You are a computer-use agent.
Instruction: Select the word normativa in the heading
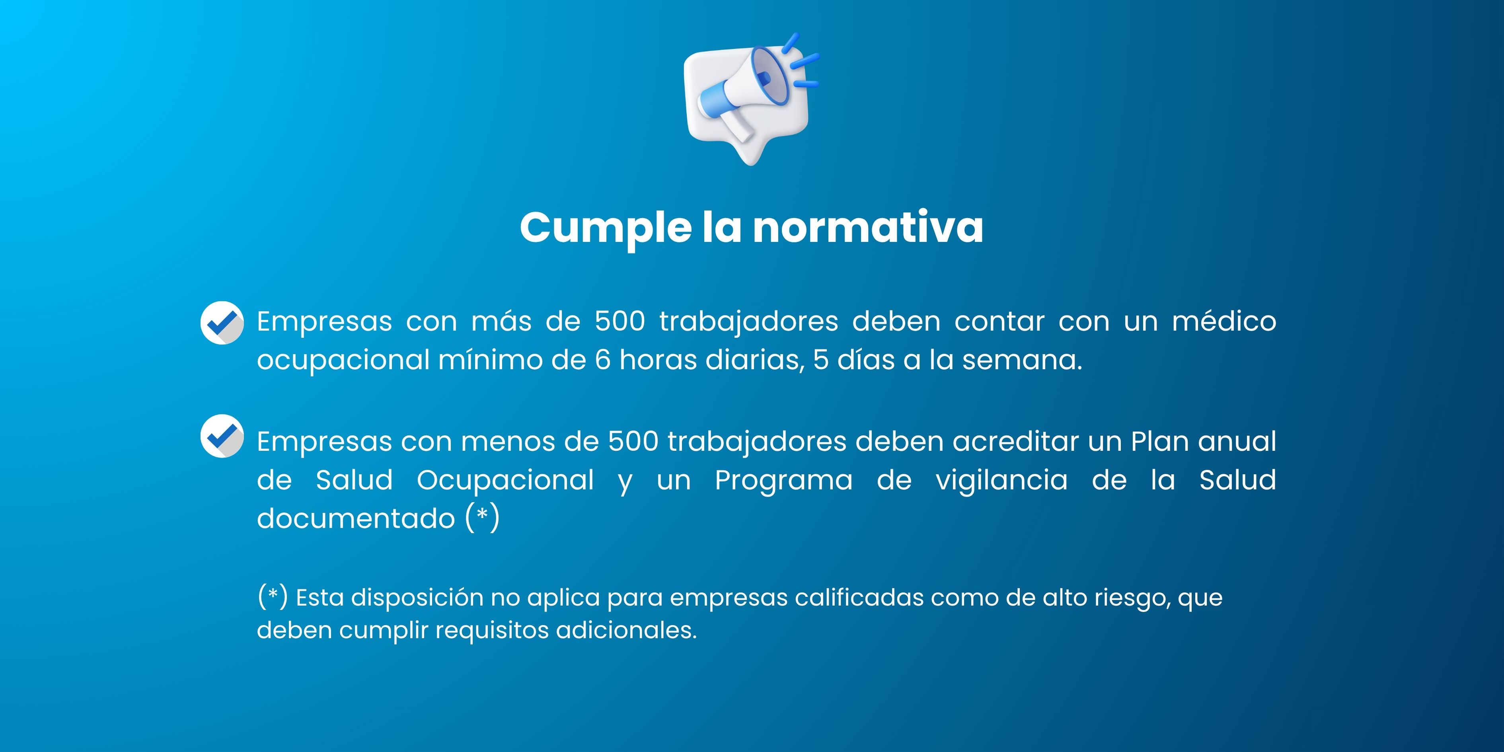[x=868, y=227]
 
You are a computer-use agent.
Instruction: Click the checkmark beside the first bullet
[x=222, y=322]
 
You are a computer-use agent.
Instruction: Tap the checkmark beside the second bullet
[x=222, y=436]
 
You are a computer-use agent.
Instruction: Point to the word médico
[x=1224, y=321]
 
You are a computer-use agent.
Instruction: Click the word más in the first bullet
[x=501, y=321]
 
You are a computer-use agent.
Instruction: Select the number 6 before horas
[x=602, y=360]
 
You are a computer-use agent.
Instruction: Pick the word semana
[x=1022, y=360]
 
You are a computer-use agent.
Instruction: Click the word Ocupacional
[x=506, y=481]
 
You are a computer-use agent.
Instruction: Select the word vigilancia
[x=1002, y=481]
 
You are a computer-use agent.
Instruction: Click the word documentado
[x=356, y=518]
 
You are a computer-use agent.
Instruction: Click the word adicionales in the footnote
[x=627, y=630]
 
